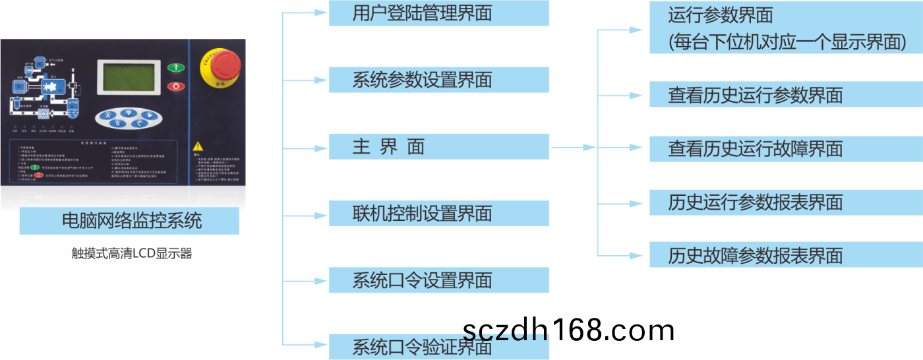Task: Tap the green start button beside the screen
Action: point(176,67)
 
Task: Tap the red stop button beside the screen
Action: point(176,86)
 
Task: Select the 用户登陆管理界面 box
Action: point(438,13)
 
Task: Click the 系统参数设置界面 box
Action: point(438,80)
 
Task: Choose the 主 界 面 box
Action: point(438,146)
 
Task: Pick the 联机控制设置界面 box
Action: point(438,214)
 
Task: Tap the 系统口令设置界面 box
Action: point(438,280)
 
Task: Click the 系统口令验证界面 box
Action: point(438,347)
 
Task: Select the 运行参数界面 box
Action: point(785,28)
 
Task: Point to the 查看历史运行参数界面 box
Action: point(785,95)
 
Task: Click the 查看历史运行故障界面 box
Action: point(785,148)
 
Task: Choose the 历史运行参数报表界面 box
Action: point(785,202)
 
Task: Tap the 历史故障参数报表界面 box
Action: point(785,255)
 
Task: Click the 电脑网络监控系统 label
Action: point(129,221)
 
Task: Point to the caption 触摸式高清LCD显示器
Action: point(131,253)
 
